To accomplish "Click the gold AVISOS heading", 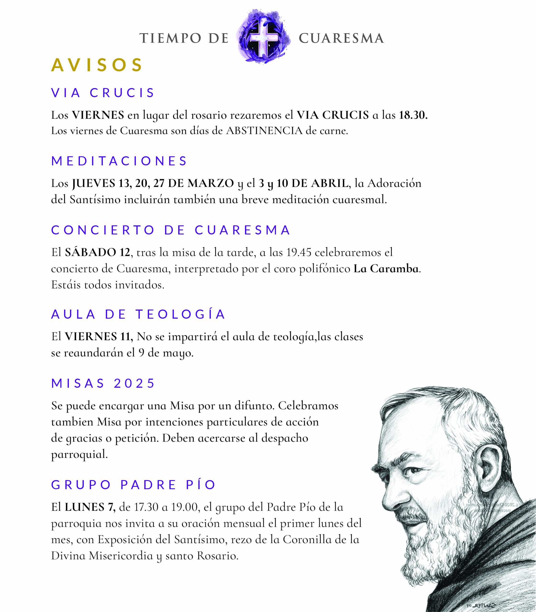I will [97, 65].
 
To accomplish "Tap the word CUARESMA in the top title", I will [341, 38].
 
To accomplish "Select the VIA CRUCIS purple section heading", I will [103, 93].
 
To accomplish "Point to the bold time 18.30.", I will [413, 115].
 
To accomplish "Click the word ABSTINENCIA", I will [264, 131].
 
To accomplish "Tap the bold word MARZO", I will [211, 183].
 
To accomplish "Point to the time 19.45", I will [299, 252].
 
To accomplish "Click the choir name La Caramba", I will [386, 269].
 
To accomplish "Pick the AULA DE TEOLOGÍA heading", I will [139, 314].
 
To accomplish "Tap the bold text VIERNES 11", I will [99, 337].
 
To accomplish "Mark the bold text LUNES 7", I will [90, 507].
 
